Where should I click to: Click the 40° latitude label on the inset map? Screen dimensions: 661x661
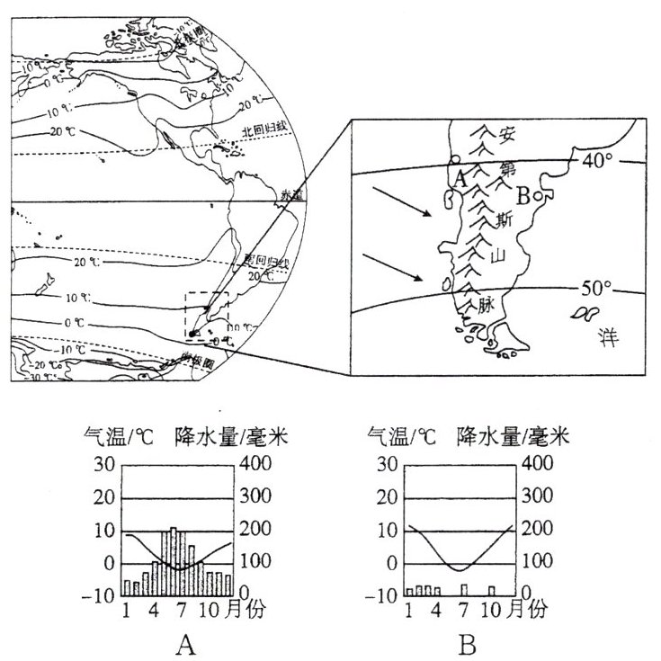pos(594,161)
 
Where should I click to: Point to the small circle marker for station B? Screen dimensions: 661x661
pos(538,194)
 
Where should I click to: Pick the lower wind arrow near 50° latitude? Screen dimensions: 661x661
pos(393,267)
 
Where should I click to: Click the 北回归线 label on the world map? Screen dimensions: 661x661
pos(266,130)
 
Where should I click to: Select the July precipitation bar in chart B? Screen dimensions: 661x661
pos(463,589)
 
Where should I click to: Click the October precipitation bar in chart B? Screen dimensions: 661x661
pos(492,590)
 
